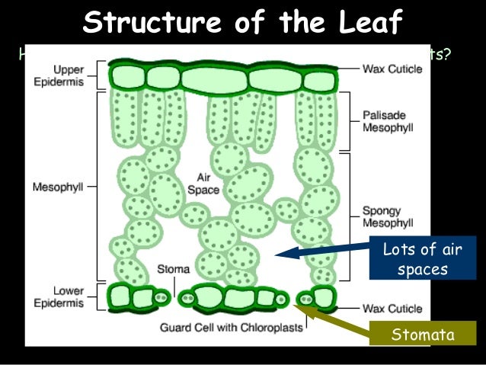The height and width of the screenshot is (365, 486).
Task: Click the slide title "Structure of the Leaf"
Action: [242, 23]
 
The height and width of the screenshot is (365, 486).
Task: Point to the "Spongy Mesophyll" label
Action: [388, 216]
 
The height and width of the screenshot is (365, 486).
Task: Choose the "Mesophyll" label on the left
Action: [56, 184]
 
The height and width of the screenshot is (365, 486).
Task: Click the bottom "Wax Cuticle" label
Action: [393, 309]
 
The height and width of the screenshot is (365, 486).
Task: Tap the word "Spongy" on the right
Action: [382, 210]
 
